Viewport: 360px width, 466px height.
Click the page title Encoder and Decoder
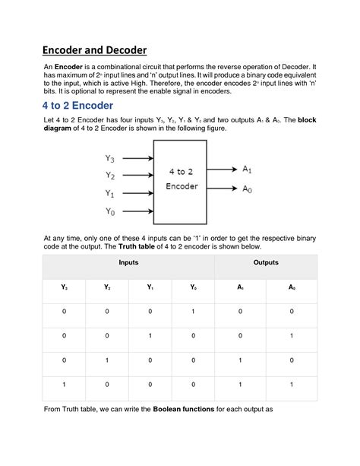point(94,50)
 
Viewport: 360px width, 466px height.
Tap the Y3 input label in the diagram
point(110,159)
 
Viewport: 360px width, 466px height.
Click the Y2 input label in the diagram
point(110,176)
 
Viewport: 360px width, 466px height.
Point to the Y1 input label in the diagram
point(110,193)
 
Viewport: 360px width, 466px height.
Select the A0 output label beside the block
point(248,189)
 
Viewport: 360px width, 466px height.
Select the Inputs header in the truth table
point(128,262)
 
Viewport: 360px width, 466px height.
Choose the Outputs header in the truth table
point(265,262)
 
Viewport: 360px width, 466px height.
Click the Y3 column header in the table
point(65,287)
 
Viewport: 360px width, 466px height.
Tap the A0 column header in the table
point(292,287)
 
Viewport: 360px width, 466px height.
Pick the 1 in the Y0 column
point(193,312)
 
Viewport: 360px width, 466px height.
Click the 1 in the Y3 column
point(65,385)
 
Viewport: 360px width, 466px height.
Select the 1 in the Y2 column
point(107,360)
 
